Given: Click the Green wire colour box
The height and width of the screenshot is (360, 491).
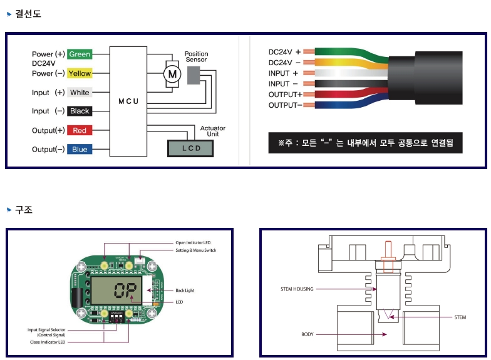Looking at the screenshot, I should (80, 54).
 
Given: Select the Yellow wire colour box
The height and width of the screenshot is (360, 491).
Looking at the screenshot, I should (80, 73).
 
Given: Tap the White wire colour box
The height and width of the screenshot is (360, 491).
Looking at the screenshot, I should (80, 93).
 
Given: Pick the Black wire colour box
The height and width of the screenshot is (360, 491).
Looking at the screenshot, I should (80, 111).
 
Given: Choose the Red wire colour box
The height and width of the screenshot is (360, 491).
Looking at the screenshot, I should (80, 130).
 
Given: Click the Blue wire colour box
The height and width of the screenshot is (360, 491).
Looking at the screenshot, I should (80, 150).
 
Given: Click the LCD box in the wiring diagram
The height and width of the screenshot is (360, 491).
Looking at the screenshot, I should (190, 148).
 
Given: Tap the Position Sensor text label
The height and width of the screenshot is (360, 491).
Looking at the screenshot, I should (196, 56).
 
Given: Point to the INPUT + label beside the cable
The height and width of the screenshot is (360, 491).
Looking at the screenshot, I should (283, 73).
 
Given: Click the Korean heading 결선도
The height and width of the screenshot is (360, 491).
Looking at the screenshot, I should (28, 13).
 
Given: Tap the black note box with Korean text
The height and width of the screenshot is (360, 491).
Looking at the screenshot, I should (365, 143).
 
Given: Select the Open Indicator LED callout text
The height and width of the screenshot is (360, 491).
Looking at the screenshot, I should (193, 243).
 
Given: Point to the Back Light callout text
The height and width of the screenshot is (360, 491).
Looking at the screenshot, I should (184, 291).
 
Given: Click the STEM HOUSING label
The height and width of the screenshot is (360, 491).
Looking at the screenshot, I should (297, 289).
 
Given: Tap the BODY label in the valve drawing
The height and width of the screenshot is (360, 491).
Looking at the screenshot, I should (307, 335).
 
